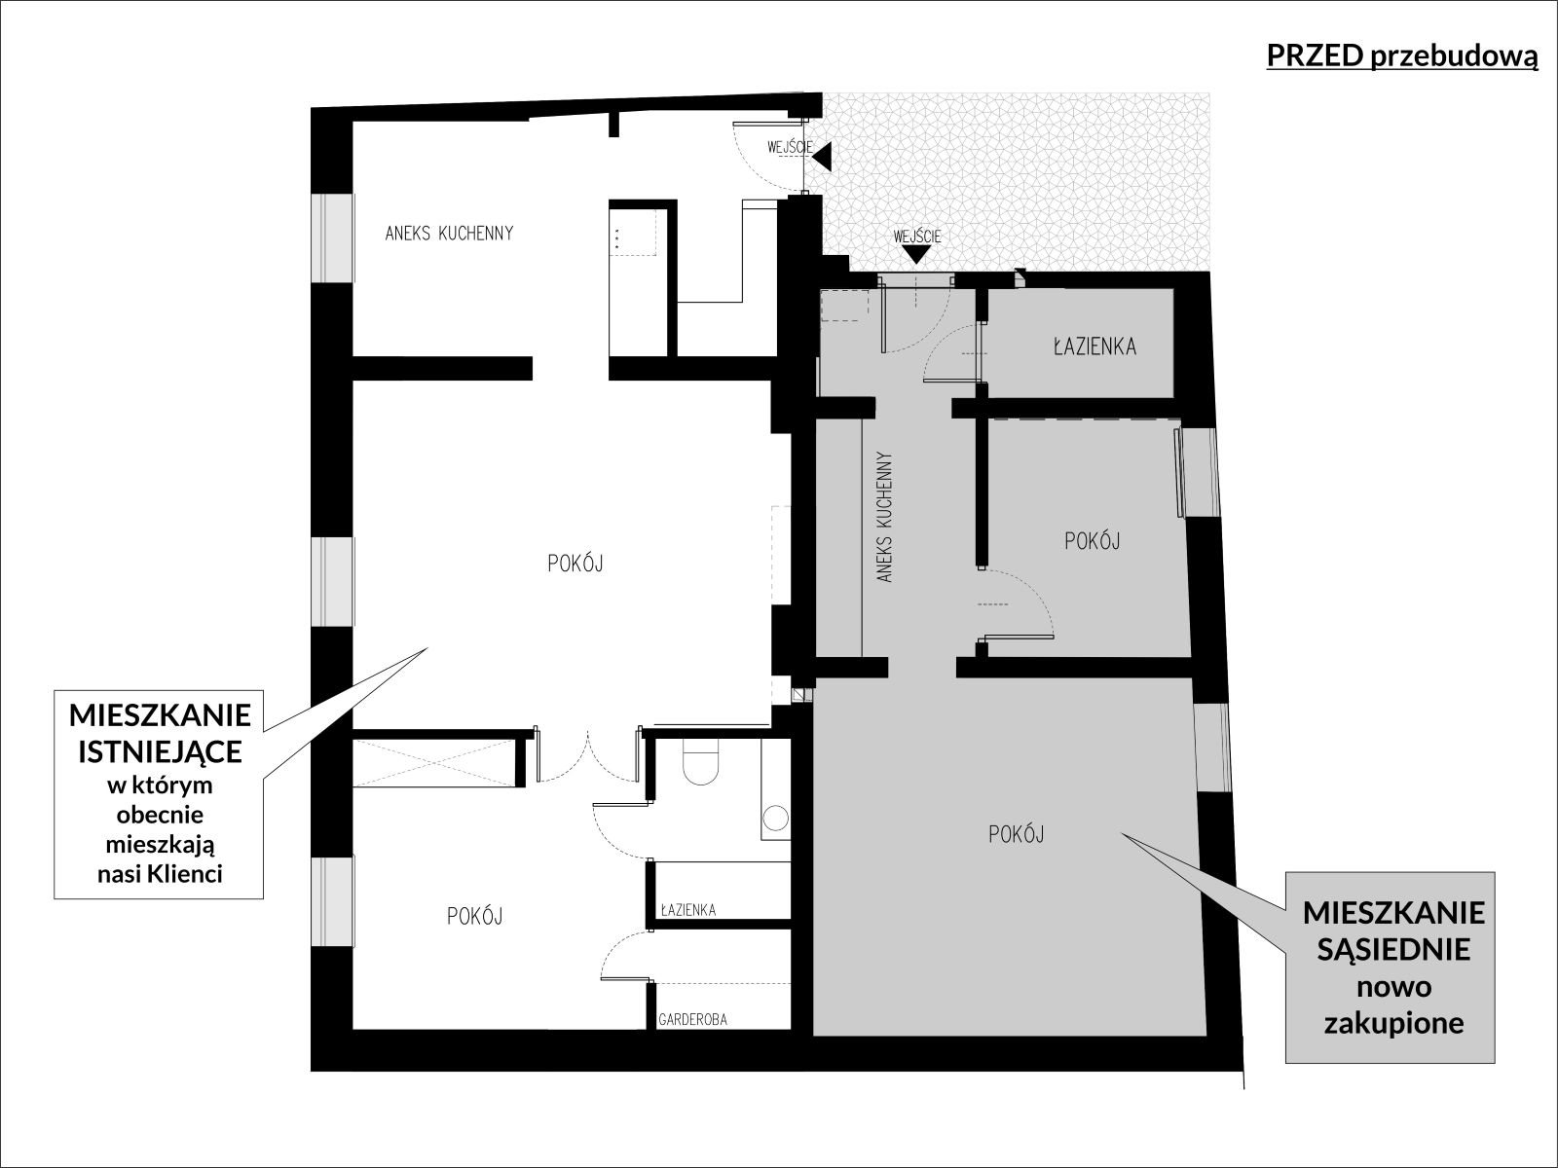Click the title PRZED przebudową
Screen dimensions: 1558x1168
(x=1402, y=57)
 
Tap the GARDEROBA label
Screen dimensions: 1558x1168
(x=692, y=1020)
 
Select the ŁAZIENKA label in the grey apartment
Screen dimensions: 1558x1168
(x=1094, y=347)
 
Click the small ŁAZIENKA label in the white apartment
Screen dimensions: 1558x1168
(x=687, y=910)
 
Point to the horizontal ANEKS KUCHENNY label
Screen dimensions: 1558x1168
(x=449, y=234)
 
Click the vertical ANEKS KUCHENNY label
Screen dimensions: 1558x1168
(x=884, y=517)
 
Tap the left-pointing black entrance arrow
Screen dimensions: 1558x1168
(x=822, y=157)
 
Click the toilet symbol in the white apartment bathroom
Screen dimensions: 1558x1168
(x=700, y=762)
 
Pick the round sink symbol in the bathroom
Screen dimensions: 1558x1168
(x=777, y=818)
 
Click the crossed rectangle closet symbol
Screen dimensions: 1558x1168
(x=433, y=763)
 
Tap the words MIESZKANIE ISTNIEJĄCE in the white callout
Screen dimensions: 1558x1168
(x=161, y=733)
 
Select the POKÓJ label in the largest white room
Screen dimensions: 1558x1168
(x=575, y=564)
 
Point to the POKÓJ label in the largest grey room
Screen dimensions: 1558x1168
(x=1016, y=835)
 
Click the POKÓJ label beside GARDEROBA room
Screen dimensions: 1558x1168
(x=475, y=916)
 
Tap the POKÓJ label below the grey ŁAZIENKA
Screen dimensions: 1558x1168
(x=1093, y=541)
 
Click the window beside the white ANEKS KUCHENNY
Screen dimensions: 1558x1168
(x=332, y=237)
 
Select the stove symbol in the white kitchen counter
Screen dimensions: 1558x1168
(x=632, y=232)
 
